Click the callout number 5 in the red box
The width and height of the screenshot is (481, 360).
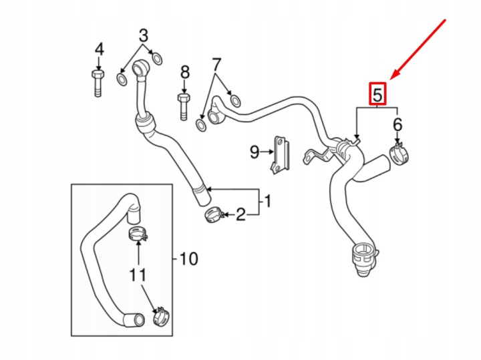[377, 94]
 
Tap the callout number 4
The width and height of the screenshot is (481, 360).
[99, 49]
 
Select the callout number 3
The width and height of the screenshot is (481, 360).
[144, 35]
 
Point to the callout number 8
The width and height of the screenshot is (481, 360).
[184, 73]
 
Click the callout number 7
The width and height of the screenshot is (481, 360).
[216, 65]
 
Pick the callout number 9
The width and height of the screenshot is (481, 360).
[255, 152]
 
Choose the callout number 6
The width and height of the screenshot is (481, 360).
[397, 124]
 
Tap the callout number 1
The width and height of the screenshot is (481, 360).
[267, 202]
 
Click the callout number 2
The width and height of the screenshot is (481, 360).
[241, 214]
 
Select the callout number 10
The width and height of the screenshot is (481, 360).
[188, 258]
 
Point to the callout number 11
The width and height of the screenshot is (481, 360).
[138, 275]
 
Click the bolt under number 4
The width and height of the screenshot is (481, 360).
[98, 83]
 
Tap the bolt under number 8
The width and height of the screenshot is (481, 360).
[184, 107]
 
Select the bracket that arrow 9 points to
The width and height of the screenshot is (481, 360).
[281, 155]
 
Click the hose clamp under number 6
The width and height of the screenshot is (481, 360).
[399, 154]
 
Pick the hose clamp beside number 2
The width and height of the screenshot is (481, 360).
[214, 215]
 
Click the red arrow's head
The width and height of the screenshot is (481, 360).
[395, 76]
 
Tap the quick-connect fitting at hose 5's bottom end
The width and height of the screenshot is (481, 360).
[365, 258]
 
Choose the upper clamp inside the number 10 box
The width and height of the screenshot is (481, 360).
[138, 234]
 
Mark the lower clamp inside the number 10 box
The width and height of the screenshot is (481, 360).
[161, 317]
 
